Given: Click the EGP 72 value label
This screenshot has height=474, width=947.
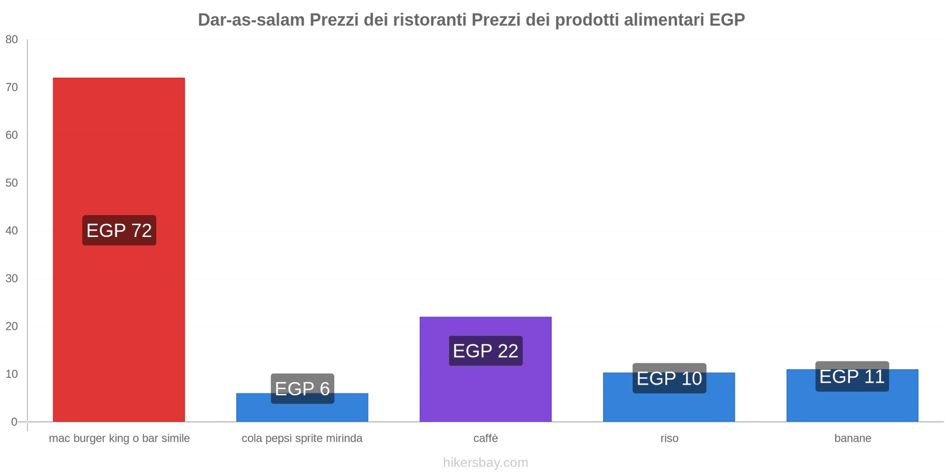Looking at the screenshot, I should tap(119, 230).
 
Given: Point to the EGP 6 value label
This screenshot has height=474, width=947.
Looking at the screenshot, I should tap(302, 389).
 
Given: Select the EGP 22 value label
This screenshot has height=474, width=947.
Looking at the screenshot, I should tap(485, 351).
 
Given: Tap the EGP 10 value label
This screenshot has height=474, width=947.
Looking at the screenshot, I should tap(669, 378).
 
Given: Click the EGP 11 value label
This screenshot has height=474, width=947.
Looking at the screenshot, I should tap(852, 376).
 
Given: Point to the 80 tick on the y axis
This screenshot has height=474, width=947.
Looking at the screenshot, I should tap(12, 40).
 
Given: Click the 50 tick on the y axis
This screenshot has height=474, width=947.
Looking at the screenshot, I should tap(12, 183).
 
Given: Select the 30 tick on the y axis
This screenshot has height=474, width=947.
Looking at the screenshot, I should tap(12, 278).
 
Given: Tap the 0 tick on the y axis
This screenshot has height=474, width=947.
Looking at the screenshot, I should tap(14, 422).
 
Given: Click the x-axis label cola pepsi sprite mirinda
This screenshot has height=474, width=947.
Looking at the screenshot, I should tap(302, 438).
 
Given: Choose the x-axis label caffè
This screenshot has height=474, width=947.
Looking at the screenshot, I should tap(485, 438).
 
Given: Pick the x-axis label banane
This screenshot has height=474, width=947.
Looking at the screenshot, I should tap(852, 438).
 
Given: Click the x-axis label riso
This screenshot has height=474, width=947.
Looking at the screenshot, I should tap(669, 438).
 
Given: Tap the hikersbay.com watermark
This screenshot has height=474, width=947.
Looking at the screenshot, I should tap(485, 463).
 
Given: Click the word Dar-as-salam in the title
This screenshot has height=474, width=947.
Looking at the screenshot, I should tap(251, 20).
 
